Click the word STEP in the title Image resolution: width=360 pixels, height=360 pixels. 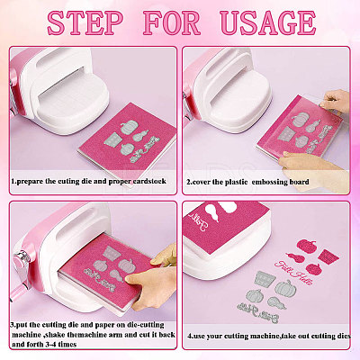(x=85, y=22)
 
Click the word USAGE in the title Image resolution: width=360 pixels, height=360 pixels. (x=268, y=22)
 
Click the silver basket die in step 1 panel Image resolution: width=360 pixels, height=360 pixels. (x=112, y=140)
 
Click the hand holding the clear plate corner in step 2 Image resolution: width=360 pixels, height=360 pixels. (x=335, y=102)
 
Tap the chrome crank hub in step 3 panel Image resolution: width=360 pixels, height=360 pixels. (x=22, y=257)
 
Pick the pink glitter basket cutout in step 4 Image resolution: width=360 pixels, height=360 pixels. (x=328, y=256)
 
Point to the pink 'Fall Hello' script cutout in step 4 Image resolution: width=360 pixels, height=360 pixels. (x=293, y=272)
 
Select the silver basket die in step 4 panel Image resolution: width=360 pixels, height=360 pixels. (x=265, y=278)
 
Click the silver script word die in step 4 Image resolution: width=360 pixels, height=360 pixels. (x=258, y=310)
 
